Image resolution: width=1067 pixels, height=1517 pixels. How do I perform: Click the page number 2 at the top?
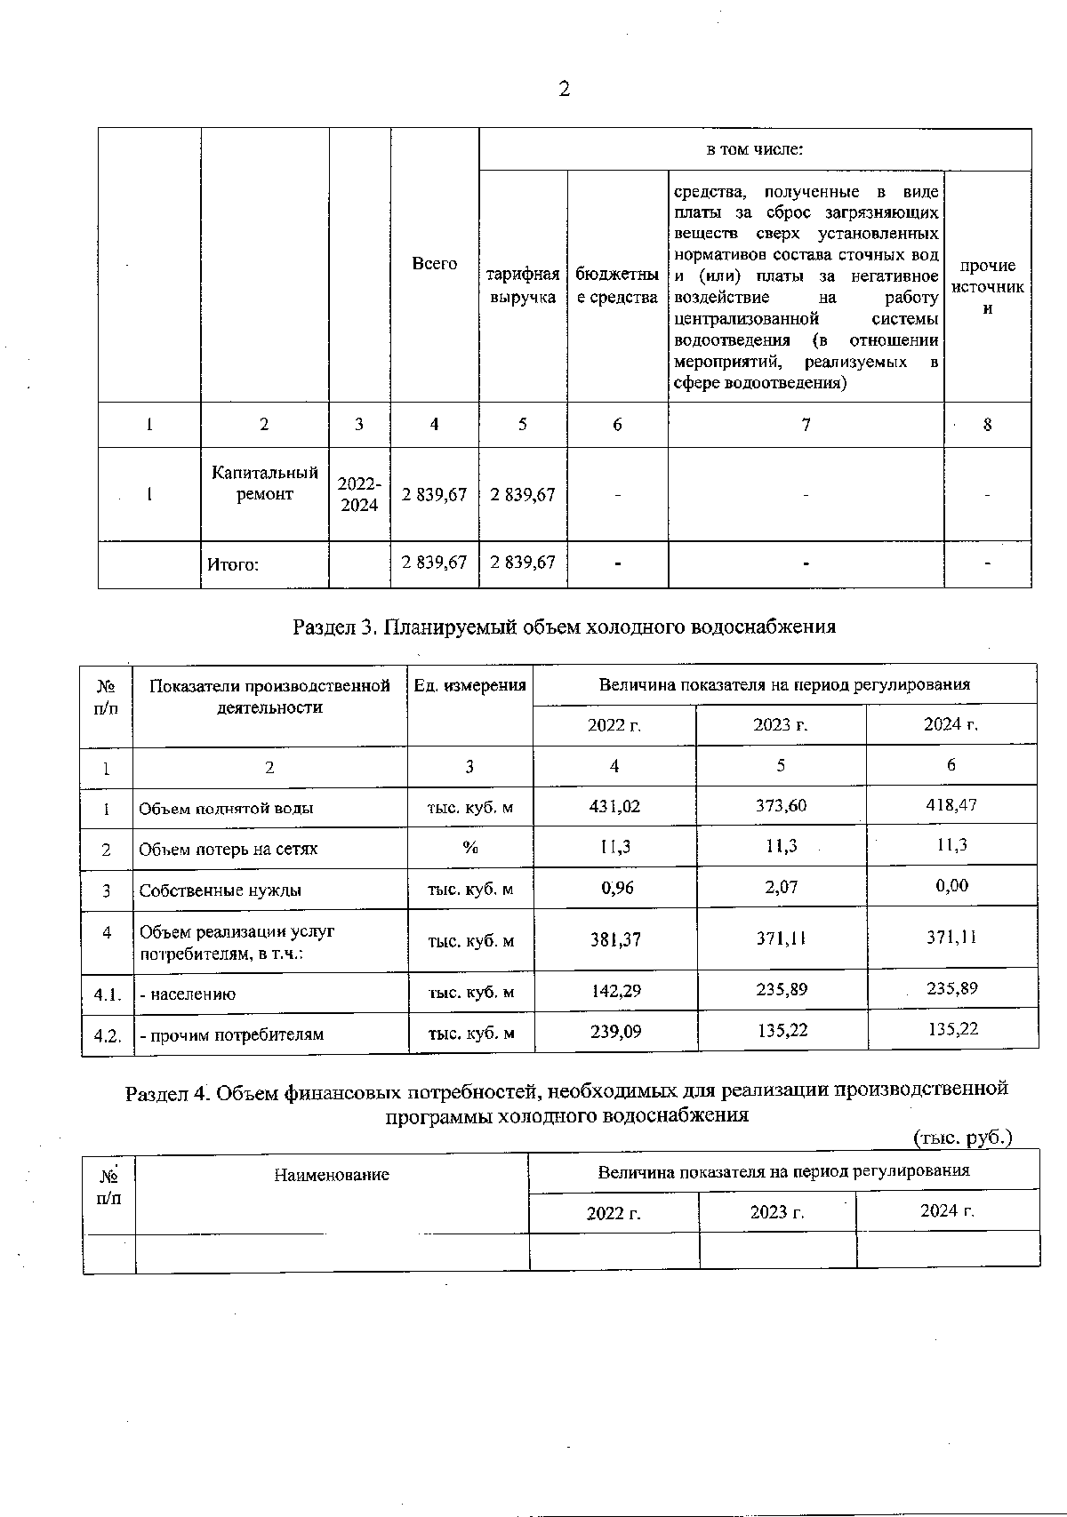click(x=564, y=89)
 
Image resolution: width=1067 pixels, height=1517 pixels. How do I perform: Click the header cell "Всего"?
click(x=435, y=264)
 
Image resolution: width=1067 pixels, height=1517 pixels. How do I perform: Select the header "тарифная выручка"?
click(x=523, y=285)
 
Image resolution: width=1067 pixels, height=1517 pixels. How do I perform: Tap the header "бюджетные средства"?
click(x=617, y=285)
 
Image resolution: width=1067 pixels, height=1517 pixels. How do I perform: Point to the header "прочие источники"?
click(x=987, y=286)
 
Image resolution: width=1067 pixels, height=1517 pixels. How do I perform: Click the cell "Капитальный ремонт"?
click(x=265, y=483)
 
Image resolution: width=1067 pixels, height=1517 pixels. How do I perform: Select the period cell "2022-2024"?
click(x=359, y=494)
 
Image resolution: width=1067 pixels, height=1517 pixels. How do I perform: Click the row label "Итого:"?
click(x=233, y=563)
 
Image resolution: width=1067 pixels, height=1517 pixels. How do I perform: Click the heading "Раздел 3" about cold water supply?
click(x=564, y=627)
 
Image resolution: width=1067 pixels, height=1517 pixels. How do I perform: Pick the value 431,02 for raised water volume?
click(x=614, y=807)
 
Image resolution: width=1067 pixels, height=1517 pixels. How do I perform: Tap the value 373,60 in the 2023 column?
click(x=780, y=805)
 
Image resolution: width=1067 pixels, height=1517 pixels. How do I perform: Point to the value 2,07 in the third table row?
click(x=781, y=886)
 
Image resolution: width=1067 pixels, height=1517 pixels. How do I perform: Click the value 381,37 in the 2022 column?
click(x=615, y=938)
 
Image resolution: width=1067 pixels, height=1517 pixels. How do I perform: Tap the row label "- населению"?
click(x=188, y=994)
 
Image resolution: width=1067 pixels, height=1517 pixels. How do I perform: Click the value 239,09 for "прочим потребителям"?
click(x=615, y=1032)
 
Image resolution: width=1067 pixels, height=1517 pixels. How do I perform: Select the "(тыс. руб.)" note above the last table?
click(x=962, y=1137)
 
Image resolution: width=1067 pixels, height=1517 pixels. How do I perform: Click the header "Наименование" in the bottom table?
click(x=331, y=1175)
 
